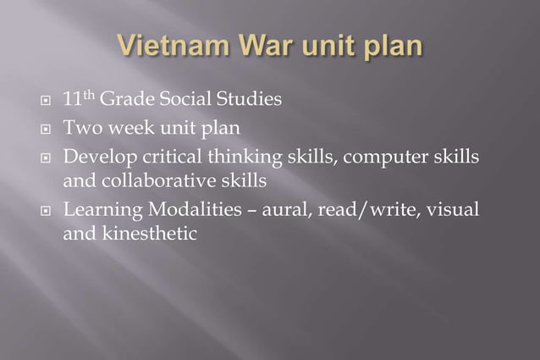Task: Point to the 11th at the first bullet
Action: pos(78,100)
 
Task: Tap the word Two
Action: pos(80,129)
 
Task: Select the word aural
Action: pos(286,209)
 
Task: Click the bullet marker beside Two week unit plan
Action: pos(47,130)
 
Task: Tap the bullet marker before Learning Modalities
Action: pos(47,210)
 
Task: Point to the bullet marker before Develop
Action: pos(47,158)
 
